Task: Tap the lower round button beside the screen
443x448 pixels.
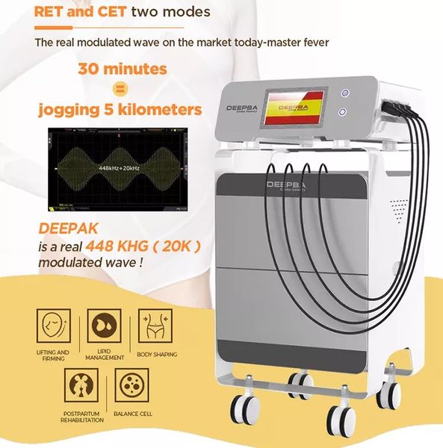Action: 344,111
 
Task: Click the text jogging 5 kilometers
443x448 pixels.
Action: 120,111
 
